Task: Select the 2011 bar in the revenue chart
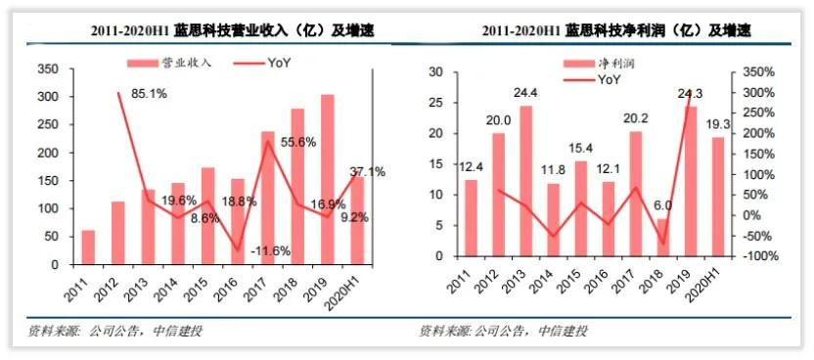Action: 88,247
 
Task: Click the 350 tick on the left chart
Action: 46,69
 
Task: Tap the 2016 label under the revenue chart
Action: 238,289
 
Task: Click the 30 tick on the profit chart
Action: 438,72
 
